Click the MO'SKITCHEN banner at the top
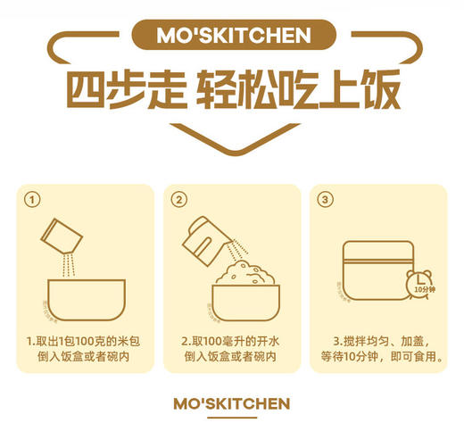pyautogui.click(x=232, y=36)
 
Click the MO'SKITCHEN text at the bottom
pyautogui.click(x=232, y=403)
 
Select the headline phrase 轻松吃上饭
pyautogui.click(x=298, y=89)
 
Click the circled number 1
pyautogui.click(x=32, y=199)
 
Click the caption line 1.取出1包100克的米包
pyautogui.click(x=83, y=341)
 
